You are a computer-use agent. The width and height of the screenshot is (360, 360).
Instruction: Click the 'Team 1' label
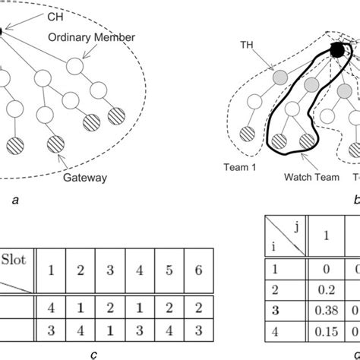[x=236, y=164]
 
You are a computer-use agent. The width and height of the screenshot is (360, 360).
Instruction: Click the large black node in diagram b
[x=336, y=50]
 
